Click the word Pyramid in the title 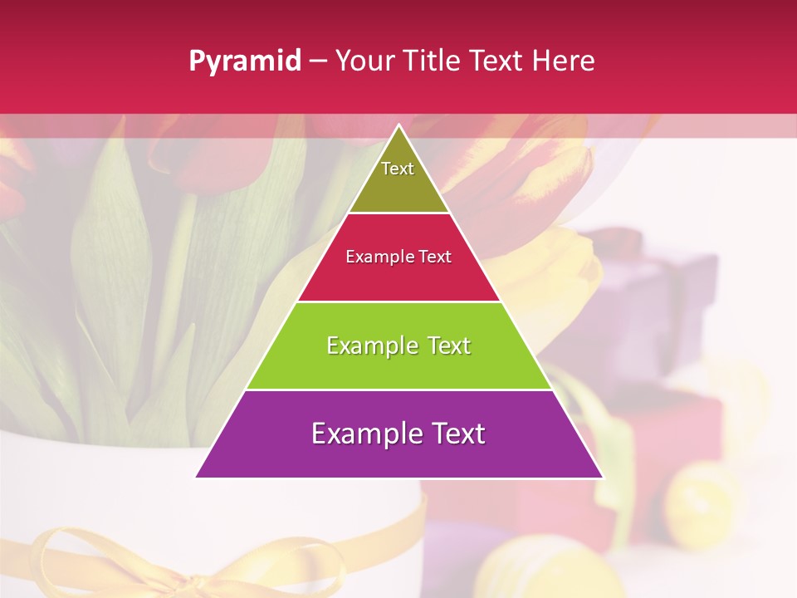[x=244, y=61]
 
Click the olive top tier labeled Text [x=398, y=179]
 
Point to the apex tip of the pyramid [x=398, y=125]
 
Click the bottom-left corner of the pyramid [x=197, y=477]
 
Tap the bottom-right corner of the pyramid [x=602, y=477]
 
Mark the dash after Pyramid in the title [x=318, y=61]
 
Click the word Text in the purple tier [x=456, y=434]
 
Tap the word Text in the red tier [x=435, y=257]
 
